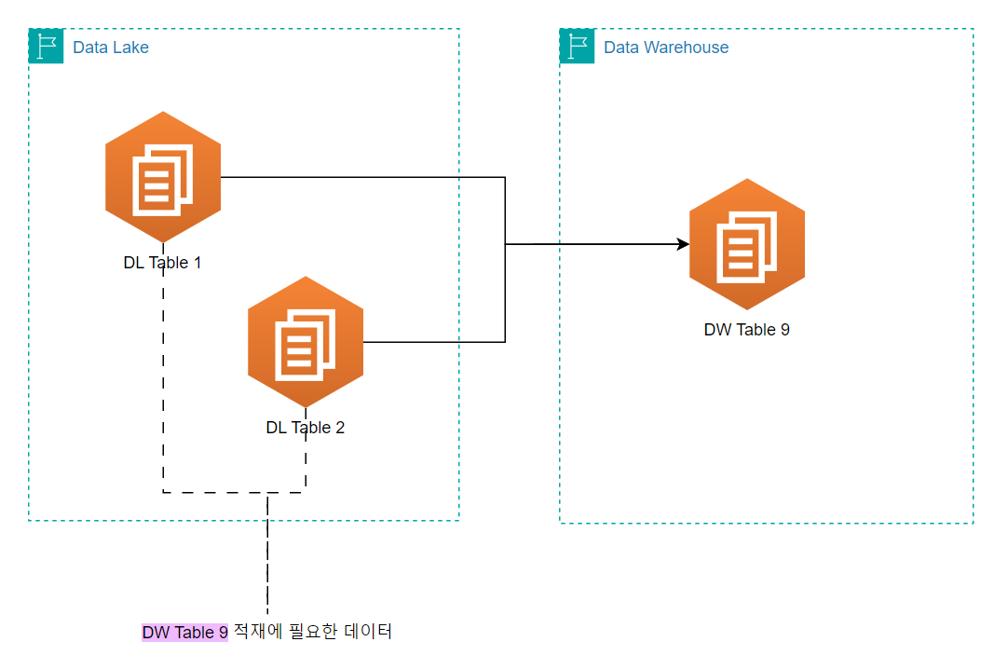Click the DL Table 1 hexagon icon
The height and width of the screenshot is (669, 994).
tap(163, 177)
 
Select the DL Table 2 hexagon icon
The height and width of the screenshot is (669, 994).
tap(306, 342)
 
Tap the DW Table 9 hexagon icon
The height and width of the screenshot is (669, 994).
tap(746, 244)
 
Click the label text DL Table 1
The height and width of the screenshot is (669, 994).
tap(163, 263)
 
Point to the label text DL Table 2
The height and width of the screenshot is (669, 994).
tap(306, 428)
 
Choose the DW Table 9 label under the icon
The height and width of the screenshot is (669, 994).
tap(746, 330)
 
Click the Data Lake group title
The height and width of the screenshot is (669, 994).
tap(111, 48)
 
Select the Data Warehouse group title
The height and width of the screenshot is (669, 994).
tap(666, 48)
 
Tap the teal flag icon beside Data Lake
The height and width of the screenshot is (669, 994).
tap(46, 46)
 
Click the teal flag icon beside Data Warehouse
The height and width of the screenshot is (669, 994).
tap(577, 46)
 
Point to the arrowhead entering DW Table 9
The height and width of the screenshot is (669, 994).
tap(683, 244)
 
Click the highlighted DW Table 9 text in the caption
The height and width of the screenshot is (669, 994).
tap(184, 633)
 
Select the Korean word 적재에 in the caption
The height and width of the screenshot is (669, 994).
tap(252, 632)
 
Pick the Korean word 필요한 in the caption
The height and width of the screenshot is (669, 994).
tap(308, 632)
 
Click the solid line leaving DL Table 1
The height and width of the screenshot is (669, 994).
tap(363, 177)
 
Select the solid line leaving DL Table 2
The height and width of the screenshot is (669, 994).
tap(434, 342)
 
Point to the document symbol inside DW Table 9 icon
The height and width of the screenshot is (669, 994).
tap(746, 246)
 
